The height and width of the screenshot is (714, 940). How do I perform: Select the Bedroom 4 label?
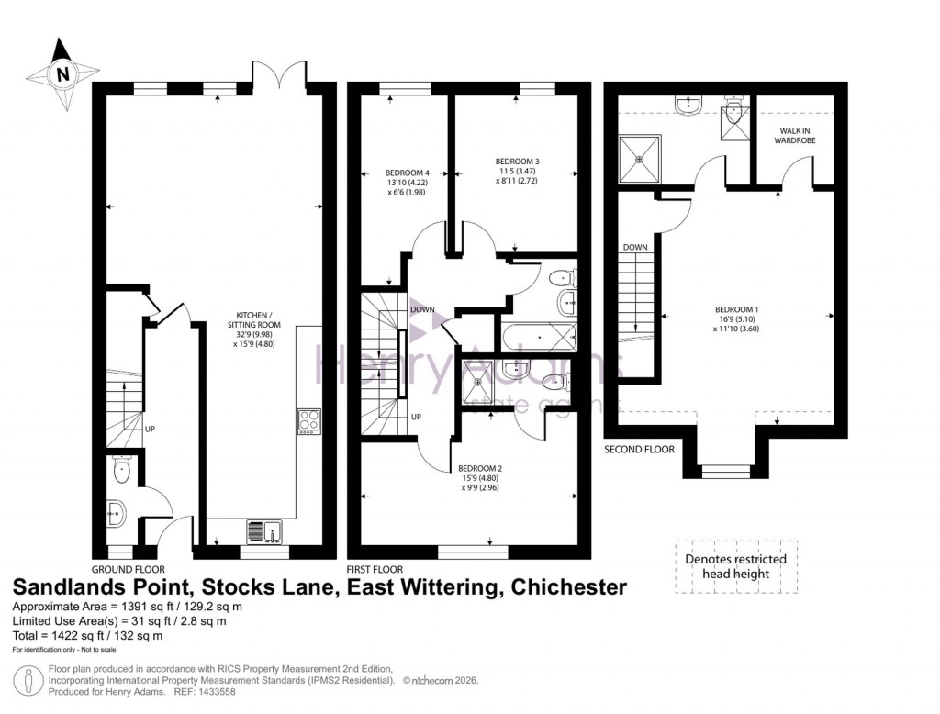[x=408, y=182]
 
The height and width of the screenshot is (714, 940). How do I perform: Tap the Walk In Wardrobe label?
[x=791, y=136]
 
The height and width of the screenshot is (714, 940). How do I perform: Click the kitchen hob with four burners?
[x=308, y=420]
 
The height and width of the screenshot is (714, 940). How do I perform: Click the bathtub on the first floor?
[x=538, y=337]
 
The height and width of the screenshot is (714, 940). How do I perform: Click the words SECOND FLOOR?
[x=639, y=450]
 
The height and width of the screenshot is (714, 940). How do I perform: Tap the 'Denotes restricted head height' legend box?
[x=736, y=566]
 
